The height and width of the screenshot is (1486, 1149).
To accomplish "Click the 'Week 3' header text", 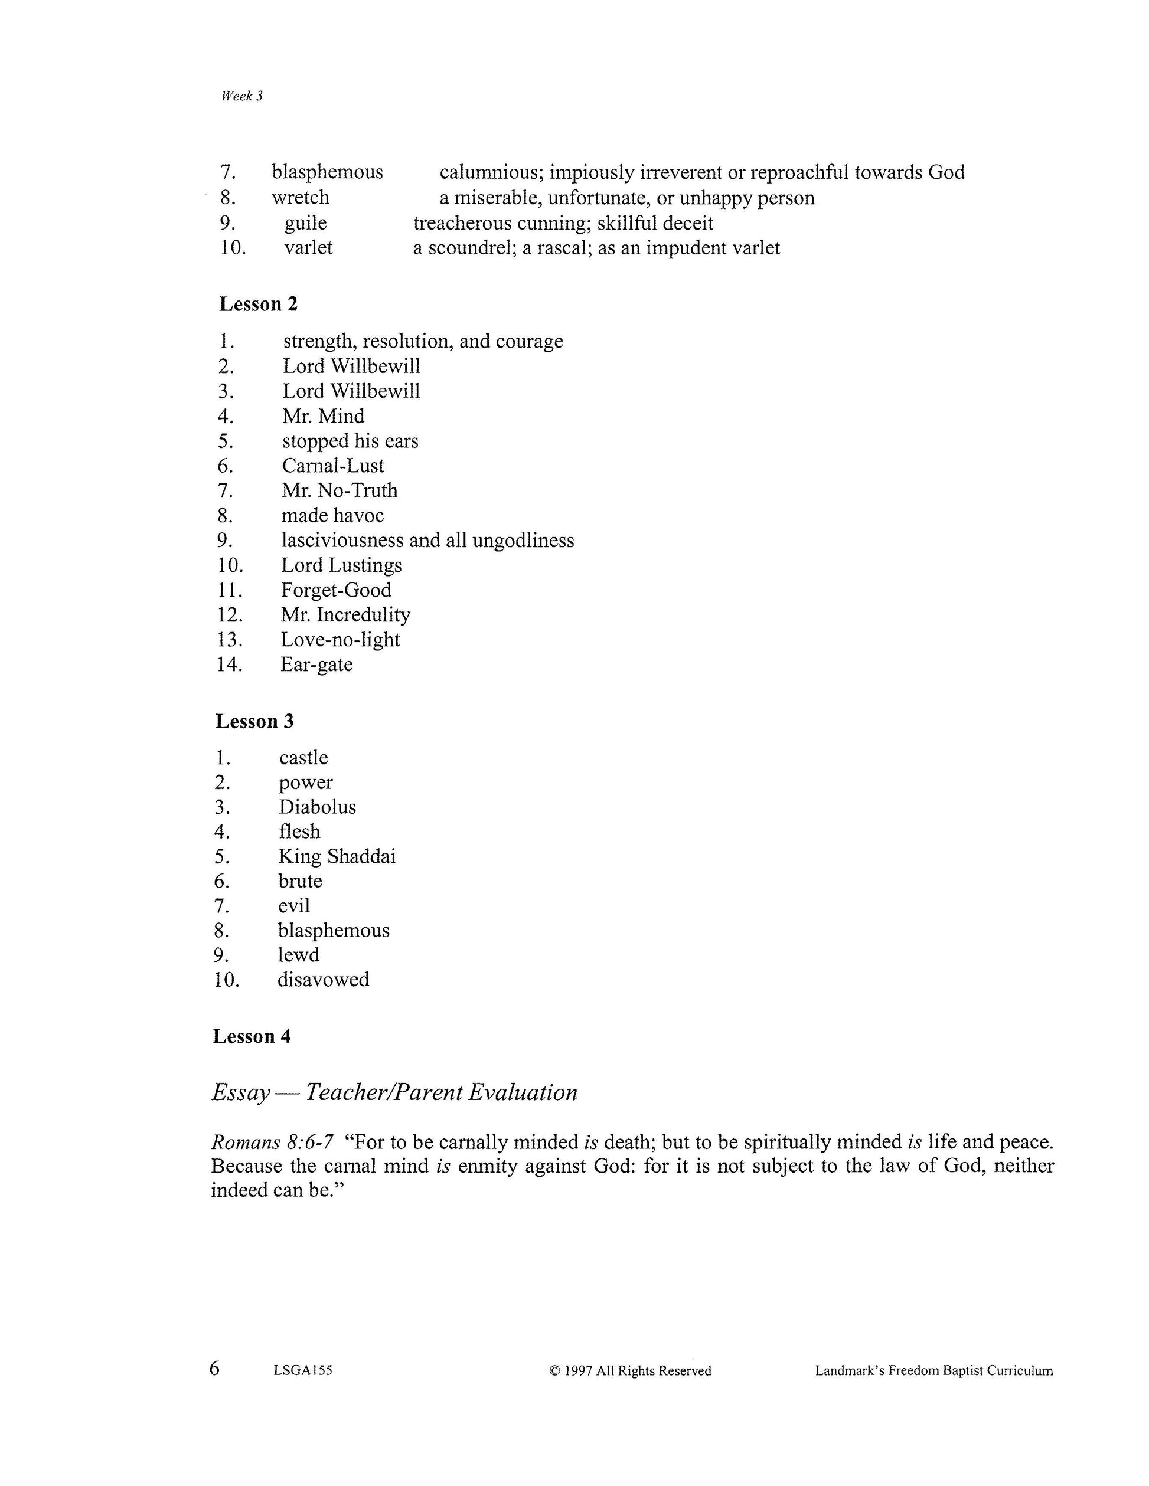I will click(241, 97).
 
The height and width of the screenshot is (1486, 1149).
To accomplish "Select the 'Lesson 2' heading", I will click(258, 304).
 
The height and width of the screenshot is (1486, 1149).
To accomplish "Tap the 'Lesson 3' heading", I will click(254, 721).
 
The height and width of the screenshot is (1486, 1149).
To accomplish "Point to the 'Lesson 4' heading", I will click(252, 1036).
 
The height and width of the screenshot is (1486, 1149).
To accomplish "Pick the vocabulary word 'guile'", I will click(306, 223).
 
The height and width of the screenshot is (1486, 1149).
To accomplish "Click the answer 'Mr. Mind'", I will click(324, 415).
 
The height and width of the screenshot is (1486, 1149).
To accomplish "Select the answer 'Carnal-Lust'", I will click(333, 466).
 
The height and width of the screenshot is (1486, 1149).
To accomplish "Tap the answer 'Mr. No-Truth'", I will click(339, 490).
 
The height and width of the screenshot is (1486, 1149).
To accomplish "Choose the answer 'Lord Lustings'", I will click(341, 565).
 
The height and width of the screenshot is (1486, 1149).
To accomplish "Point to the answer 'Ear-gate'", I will click(316, 664).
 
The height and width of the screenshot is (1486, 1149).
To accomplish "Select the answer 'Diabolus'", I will click(317, 807).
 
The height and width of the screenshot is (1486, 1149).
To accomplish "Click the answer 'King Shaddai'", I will click(337, 857).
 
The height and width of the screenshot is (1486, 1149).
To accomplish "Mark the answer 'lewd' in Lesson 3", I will click(298, 955).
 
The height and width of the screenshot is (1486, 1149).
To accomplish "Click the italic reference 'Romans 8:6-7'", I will click(272, 1142).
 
